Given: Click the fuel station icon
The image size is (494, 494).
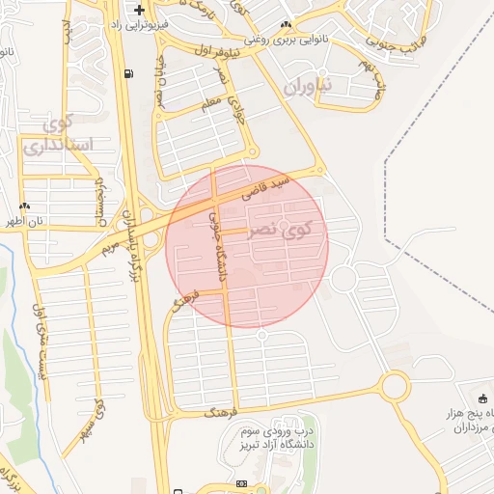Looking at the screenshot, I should (x=128, y=73).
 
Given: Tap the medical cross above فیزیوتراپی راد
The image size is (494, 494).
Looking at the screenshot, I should (x=141, y=9).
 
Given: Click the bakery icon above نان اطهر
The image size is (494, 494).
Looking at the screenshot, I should (x=25, y=206).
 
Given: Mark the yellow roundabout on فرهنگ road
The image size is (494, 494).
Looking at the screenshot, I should (x=394, y=387).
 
